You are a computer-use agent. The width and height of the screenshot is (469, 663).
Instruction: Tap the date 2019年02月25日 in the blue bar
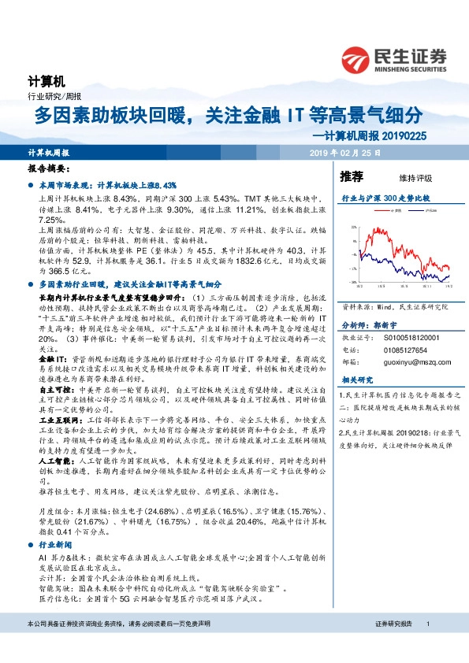point(344,151)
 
